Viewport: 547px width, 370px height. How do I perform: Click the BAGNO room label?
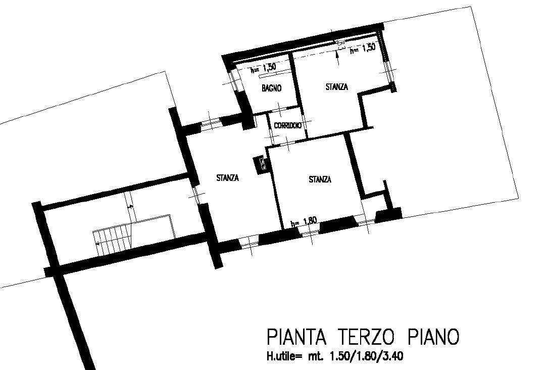click(271, 88)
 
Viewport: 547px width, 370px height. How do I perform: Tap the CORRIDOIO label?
click(288, 126)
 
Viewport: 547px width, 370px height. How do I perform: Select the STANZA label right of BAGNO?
click(337, 86)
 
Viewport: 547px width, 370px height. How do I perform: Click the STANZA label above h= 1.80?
click(320, 179)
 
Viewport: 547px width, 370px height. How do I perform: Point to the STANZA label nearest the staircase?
click(227, 177)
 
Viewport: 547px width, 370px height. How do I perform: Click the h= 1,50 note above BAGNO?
click(264, 68)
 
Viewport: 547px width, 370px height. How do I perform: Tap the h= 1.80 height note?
click(304, 221)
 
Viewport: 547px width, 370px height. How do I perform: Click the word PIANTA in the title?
click(296, 337)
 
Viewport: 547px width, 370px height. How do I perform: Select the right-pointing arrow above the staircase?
click(130, 207)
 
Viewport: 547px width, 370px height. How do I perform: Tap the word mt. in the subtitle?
click(316, 356)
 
